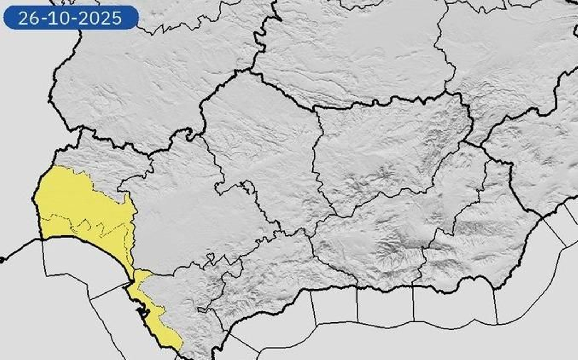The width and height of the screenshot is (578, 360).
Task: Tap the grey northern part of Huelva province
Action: point(101,159)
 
